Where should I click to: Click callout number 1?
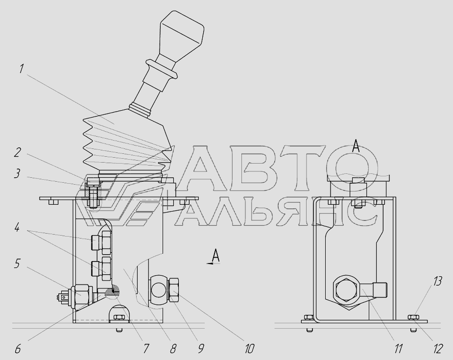tap(21, 69)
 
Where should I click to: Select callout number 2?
tap(18, 152)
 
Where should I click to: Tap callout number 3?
tap(18, 174)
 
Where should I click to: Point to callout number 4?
tap(17, 227)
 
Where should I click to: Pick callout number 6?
tap(18, 349)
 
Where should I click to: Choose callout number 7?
tap(146, 349)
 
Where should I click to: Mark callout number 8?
tap(173, 349)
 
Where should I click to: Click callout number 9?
tap(201, 349)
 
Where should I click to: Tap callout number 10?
tap(249, 349)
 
